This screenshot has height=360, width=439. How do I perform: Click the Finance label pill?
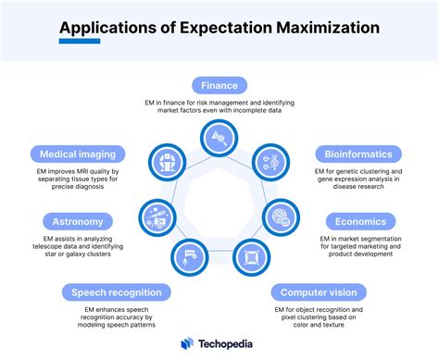tap(219, 85)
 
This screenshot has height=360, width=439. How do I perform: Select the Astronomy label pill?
tap(78, 222)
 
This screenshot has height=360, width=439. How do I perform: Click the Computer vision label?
tap(319, 292)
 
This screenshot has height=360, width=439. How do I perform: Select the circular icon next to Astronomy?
tap(156, 217)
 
